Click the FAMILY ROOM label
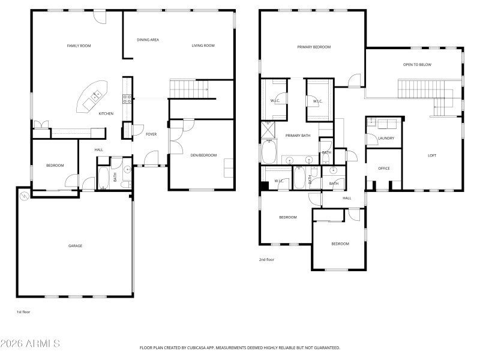[78, 46]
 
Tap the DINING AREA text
[148, 40]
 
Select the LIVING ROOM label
[203, 46]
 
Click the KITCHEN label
[106, 113]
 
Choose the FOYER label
[151, 134]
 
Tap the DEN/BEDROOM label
[203, 155]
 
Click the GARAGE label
[75, 245]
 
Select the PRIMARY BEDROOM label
[314, 47]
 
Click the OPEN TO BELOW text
[417, 65]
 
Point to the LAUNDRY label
[386, 139]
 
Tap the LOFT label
[432, 155]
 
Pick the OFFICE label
[384, 169]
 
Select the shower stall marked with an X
[267, 129]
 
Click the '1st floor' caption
[23, 312]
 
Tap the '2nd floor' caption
[266, 260]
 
